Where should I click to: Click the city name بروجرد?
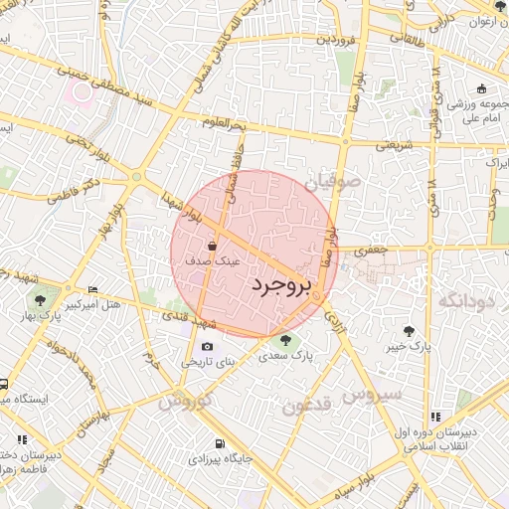(280, 285)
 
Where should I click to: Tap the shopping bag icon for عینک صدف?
(212, 246)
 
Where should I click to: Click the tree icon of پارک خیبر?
(409, 330)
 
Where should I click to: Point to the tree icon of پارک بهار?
(40, 299)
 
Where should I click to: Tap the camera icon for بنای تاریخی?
(207, 347)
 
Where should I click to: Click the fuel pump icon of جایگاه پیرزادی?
(219, 443)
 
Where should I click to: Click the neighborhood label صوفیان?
(328, 183)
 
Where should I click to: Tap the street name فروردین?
(336, 42)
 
